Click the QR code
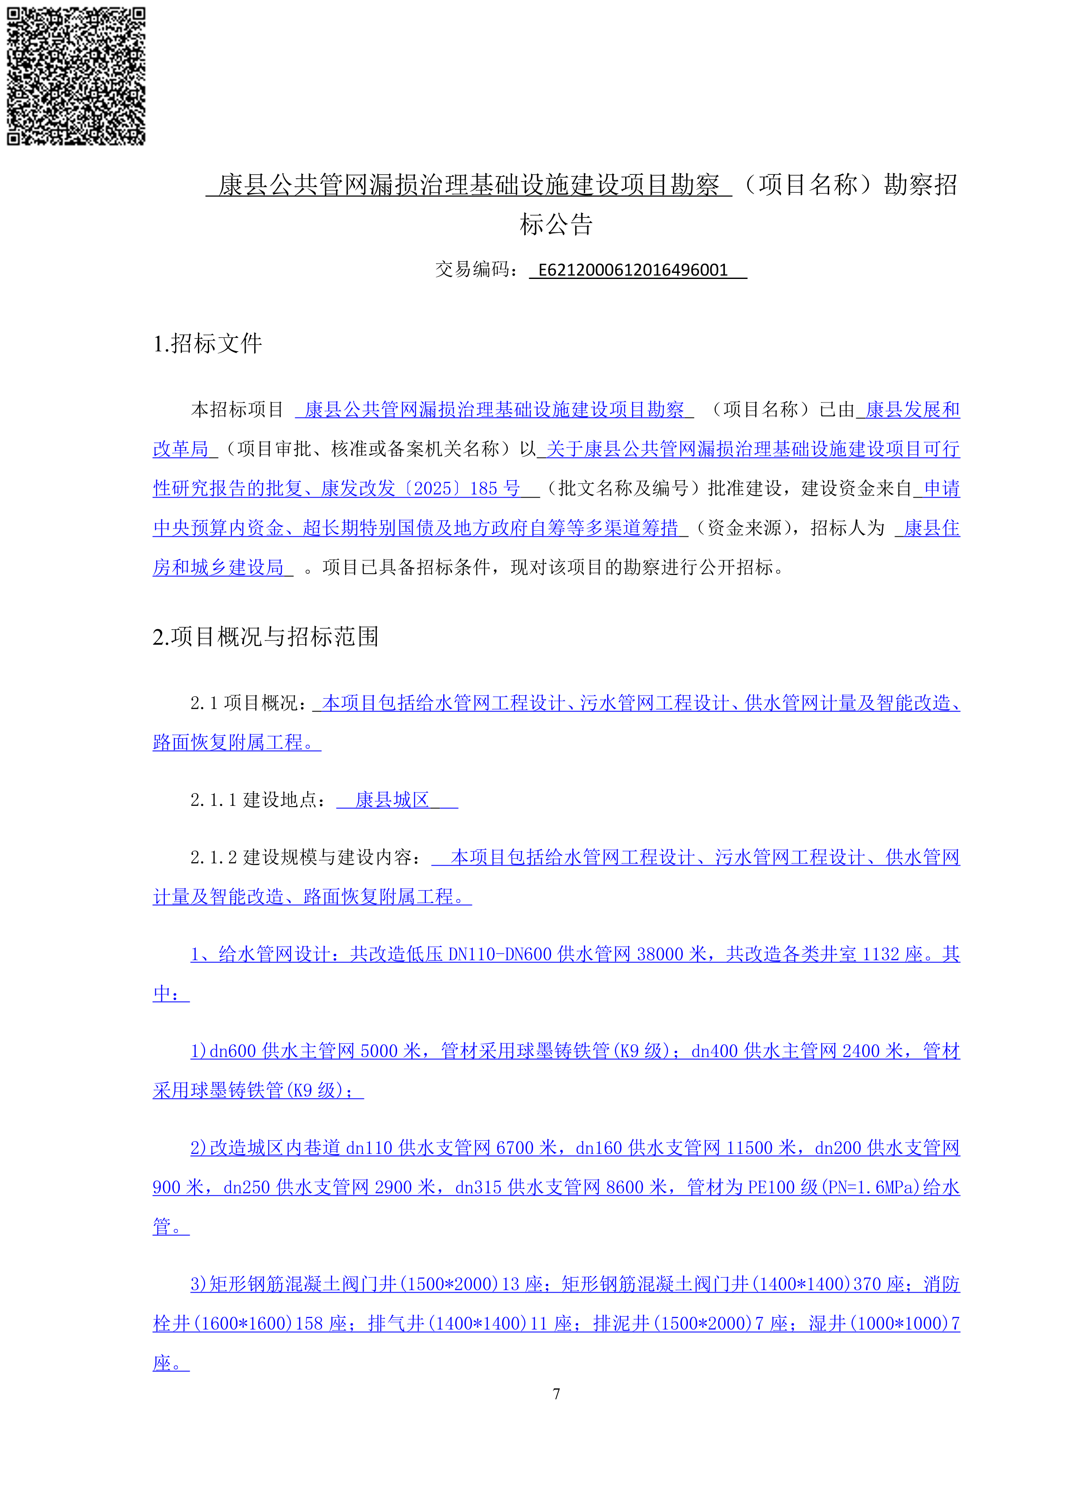76,76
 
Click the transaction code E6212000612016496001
632,270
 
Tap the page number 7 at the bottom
556,1394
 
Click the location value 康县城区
392,800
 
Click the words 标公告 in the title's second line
556,224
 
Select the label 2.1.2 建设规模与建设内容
302,857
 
